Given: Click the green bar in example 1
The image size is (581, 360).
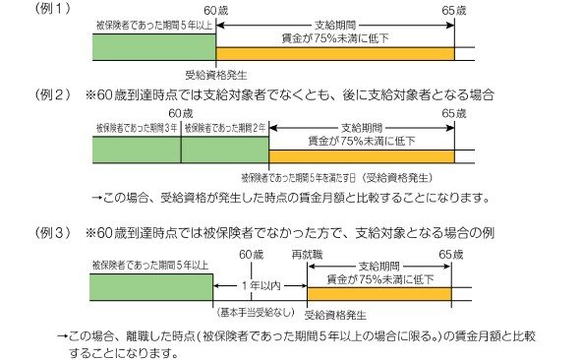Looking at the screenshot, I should point(152,48).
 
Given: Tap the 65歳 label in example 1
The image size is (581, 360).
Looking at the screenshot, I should point(455,9).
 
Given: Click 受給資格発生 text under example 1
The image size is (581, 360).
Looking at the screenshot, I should point(214,74).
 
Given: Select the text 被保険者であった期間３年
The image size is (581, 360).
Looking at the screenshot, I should point(137,128).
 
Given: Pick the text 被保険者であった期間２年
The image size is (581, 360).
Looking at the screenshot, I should point(224,128).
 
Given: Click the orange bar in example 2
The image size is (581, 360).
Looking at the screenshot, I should point(362,155).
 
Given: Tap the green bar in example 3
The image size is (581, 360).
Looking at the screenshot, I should point(152,287).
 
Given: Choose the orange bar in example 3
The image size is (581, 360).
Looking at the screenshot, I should point(378,293).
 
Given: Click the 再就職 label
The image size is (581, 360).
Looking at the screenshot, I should point(308,254).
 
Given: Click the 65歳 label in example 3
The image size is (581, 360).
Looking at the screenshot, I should point(450,254).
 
